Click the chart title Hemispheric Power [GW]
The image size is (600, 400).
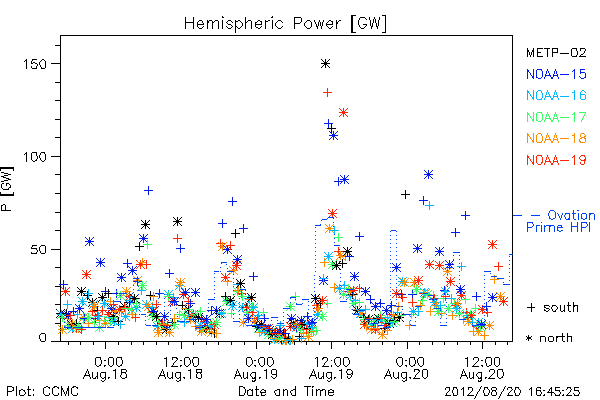click(x=285, y=24)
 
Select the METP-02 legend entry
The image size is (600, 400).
click(x=556, y=52)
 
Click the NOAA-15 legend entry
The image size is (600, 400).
click(x=556, y=74)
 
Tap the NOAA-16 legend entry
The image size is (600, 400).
click(x=556, y=95)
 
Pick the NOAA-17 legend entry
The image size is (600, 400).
click(x=556, y=117)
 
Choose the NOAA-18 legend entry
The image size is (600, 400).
click(x=556, y=138)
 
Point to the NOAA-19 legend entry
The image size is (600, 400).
click(x=556, y=160)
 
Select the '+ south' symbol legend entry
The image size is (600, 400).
click(x=553, y=307)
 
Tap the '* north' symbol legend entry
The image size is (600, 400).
click(x=549, y=338)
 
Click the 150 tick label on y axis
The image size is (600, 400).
click(x=34, y=64)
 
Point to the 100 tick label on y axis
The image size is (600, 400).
click(x=34, y=157)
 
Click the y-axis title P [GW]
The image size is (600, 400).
click(x=7, y=189)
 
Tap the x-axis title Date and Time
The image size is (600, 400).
click(x=286, y=391)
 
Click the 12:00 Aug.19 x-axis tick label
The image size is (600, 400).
click(x=331, y=368)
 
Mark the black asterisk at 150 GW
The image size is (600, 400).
click(x=326, y=64)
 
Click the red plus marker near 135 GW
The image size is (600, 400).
click(x=327, y=92)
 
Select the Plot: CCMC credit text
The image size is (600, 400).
click(x=42, y=391)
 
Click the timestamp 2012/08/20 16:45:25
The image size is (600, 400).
click(x=512, y=392)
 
